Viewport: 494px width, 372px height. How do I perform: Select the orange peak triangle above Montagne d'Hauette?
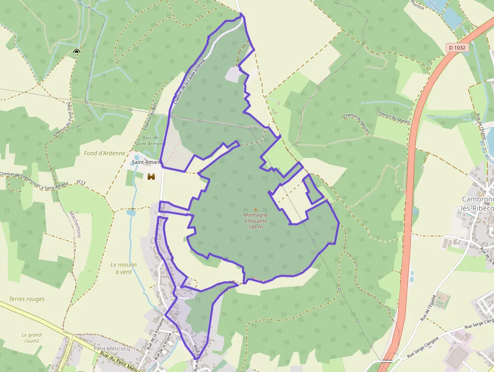pyautogui.click(x=256, y=209)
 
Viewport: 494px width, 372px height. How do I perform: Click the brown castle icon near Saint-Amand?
pyautogui.click(x=151, y=177)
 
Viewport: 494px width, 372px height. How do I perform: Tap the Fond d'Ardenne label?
pyautogui.click(x=104, y=153)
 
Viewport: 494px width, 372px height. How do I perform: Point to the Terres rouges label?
pyautogui.click(x=27, y=299)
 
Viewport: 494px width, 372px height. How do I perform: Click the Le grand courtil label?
pyautogui.click(x=31, y=338)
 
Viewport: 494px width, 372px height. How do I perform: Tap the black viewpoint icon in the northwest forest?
pyautogui.click(x=77, y=51)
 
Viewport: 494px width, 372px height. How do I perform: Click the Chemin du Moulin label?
pyautogui.click(x=357, y=123)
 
